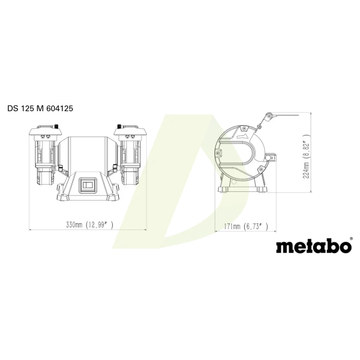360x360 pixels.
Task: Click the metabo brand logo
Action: [x=314, y=246]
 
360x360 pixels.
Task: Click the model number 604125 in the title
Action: [x=60, y=108]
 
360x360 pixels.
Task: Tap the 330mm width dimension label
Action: [x=74, y=225]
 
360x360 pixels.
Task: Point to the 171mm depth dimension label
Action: [x=232, y=227]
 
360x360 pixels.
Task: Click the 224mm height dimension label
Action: [x=307, y=170]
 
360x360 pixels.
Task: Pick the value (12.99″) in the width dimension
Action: [x=99, y=225]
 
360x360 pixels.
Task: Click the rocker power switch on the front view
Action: [x=87, y=185]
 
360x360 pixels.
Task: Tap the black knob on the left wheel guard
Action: [x=56, y=127]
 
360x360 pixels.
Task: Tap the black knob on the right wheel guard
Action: [x=119, y=127]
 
